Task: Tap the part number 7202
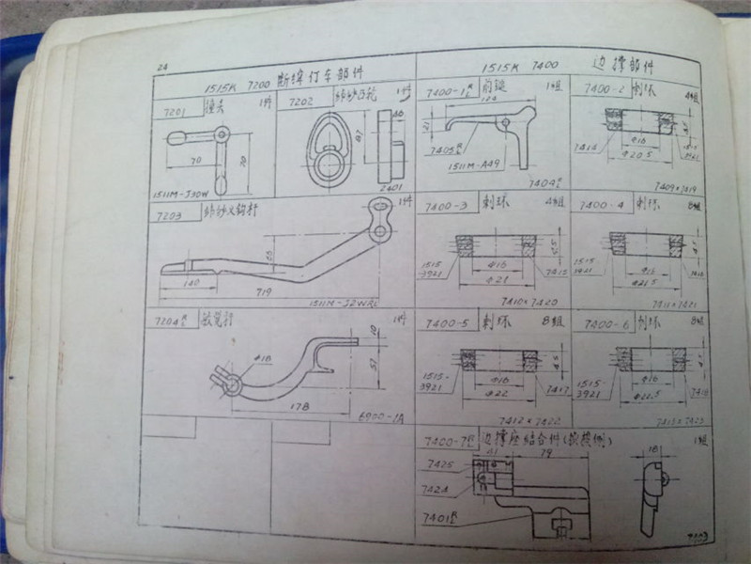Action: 301,102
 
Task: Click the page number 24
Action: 161,68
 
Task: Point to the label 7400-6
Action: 601,322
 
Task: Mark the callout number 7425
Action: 439,464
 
